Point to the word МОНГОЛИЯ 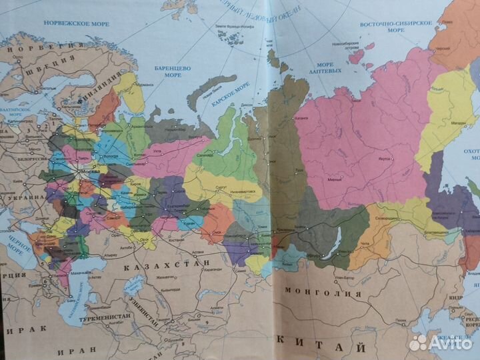(x=323, y=292)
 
